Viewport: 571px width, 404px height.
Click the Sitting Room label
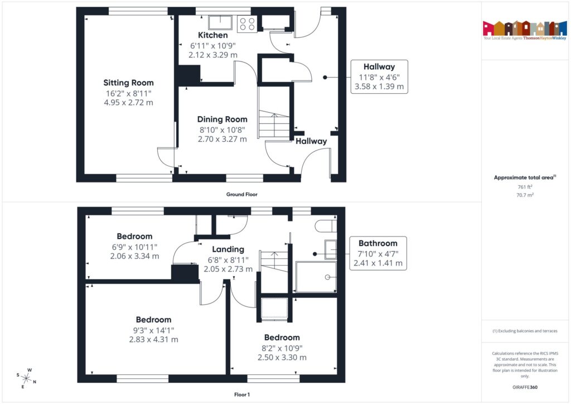(x=128, y=83)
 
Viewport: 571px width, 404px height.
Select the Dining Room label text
(x=222, y=119)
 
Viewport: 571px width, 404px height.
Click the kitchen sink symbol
(x=221, y=23)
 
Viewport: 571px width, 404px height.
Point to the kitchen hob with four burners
(x=246, y=23)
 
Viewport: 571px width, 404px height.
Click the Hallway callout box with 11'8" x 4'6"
(x=379, y=76)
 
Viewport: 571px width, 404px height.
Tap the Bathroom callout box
(x=378, y=253)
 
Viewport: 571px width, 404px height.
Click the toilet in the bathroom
(x=325, y=225)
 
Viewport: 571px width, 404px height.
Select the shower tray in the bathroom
(x=316, y=277)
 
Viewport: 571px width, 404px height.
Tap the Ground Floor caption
(x=241, y=195)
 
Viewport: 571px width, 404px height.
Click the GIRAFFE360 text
(x=524, y=387)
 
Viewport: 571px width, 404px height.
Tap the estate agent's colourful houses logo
(x=524, y=27)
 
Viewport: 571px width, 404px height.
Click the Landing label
(x=228, y=249)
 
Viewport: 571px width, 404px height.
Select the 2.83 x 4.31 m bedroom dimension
(x=153, y=339)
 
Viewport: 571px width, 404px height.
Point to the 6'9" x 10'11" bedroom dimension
(x=134, y=247)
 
